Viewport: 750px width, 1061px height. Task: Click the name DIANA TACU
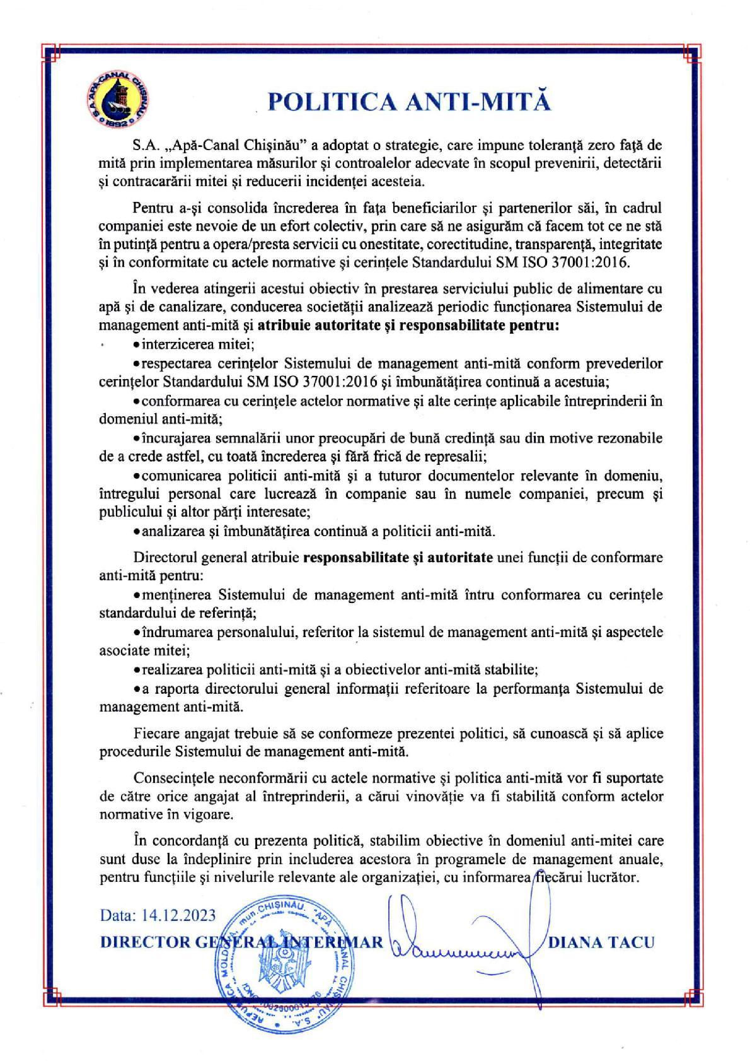tap(602, 942)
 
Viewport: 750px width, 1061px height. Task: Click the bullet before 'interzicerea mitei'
tap(137, 345)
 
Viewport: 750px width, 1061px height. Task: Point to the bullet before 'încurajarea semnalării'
tap(137, 438)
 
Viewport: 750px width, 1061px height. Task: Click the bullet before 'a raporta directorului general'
tap(137, 688)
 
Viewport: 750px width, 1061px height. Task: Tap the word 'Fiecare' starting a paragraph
tap(155, 734)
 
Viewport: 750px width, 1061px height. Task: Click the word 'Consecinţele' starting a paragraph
tap(168, 778)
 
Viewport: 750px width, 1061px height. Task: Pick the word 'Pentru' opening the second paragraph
tap(152, 208)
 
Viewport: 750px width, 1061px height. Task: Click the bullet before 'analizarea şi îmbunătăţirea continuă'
tap(137, 530)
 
